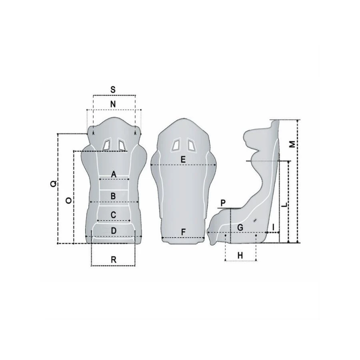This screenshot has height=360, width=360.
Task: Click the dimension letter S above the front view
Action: (113, 90)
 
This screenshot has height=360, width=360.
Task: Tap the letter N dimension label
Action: (113, 104)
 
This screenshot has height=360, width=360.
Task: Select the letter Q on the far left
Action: (54, 184)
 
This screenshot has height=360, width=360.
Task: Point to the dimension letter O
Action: (68, 201)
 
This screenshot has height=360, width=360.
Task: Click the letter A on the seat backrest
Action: (114, 174)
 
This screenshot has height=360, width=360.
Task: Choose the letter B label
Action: (113, 196)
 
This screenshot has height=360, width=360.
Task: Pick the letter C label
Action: (114, 215)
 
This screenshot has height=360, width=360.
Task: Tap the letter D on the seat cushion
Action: (114, 231)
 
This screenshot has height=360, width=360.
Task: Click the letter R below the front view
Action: (114, 260)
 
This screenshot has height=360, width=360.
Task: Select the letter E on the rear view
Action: (183, 159)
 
